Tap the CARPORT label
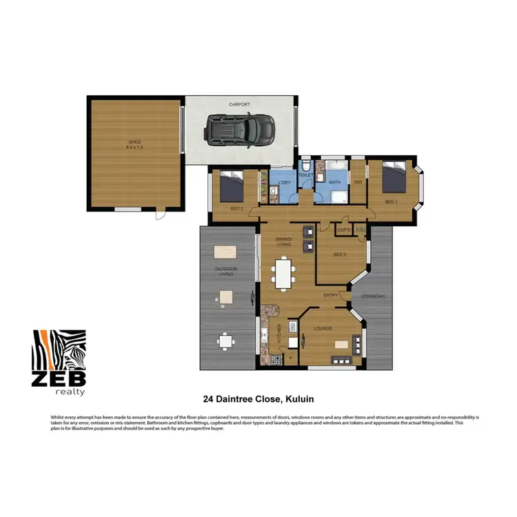click(x=239, y=105)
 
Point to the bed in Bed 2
click(x=232, y=185)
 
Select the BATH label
click(x=334, y=182)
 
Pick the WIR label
click(x=358, y=182)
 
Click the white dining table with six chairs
click(x=283, y=273)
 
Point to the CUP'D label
click(x=344, y=229)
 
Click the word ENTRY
click(x=331, y=296)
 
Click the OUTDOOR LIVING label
click(x=225, y=272)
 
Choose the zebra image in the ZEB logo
click(x=61, y=350)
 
